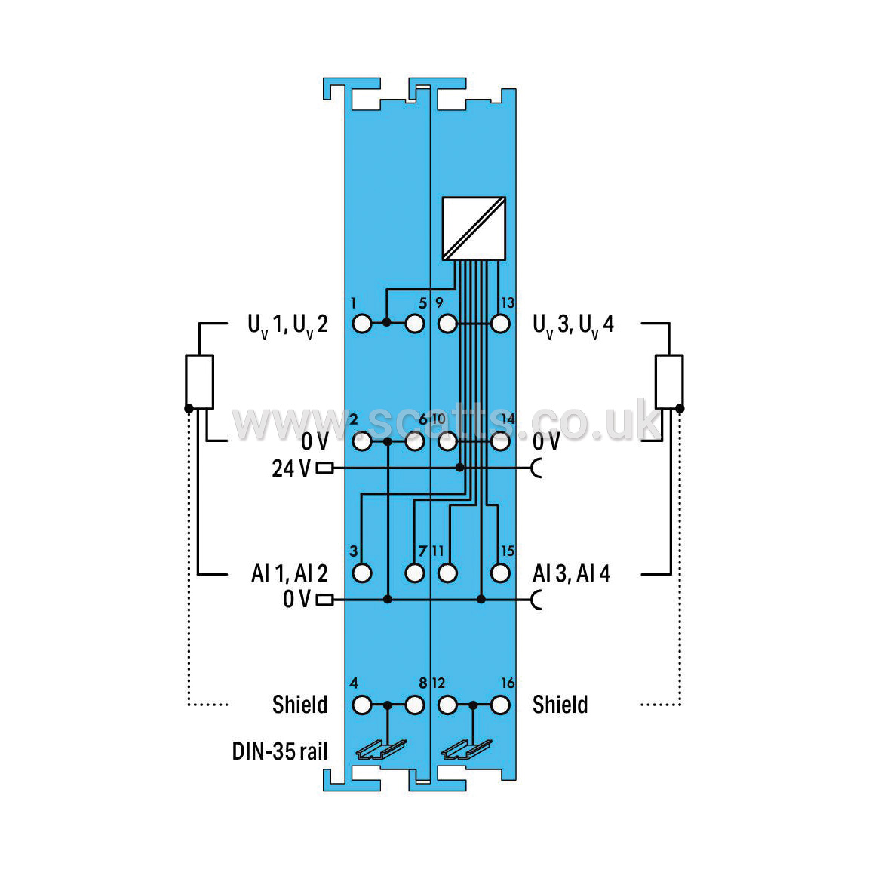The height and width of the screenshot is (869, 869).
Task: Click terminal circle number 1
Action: click(x=362, y=324)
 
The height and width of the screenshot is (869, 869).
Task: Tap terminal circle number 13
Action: click(x=500, y=324)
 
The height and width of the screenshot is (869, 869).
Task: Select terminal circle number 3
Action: click(x=362, y=573)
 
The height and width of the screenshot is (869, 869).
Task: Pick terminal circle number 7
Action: click(x=415, y=573)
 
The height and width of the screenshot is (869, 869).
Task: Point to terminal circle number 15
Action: click(x=500, y=573)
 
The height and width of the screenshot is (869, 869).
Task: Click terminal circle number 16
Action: click(x=500, y=705)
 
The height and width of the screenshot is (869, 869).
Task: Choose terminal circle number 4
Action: click(x=362, y=705)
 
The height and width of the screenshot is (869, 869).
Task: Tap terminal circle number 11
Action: click(x=447, y=573)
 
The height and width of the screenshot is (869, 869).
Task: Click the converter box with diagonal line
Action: click(x=474, y=229)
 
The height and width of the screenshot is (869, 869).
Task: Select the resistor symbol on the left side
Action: click(x=199, y=382)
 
